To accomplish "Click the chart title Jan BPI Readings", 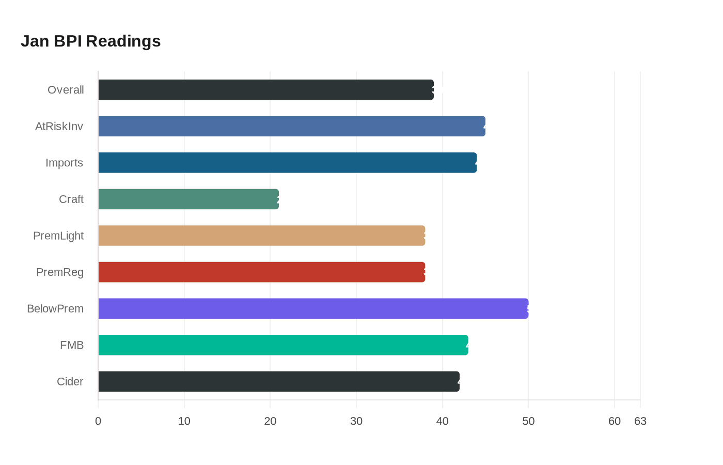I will (x=90, y=41).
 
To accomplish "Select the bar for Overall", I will (x=265, y=90).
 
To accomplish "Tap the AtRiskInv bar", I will (x=291, y=126).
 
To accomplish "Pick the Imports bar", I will (x=287, y=163).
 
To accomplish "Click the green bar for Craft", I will (x=188, y=199).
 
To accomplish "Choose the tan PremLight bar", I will (x=261, y=236).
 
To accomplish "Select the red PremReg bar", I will (x=261, y=272).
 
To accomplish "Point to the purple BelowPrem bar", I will (x=313, y=308).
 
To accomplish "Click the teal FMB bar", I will (x=283, y=345).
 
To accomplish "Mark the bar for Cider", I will (x=278, y=381).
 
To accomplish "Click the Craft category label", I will (x=71, y=199).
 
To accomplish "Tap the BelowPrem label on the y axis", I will (x=55, y=308).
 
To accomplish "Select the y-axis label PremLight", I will (x=58, y=236).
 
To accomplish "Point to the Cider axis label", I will (x=70, y=381).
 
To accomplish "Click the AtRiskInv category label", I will (x=59, y=126).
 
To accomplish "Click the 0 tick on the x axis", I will (x=98, y=421).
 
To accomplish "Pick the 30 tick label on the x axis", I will (x=356, y=421).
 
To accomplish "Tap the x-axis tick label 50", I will (x=528, y=421).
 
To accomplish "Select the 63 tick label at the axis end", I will (x=640, y=421).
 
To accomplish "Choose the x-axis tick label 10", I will (x=184, y=421).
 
